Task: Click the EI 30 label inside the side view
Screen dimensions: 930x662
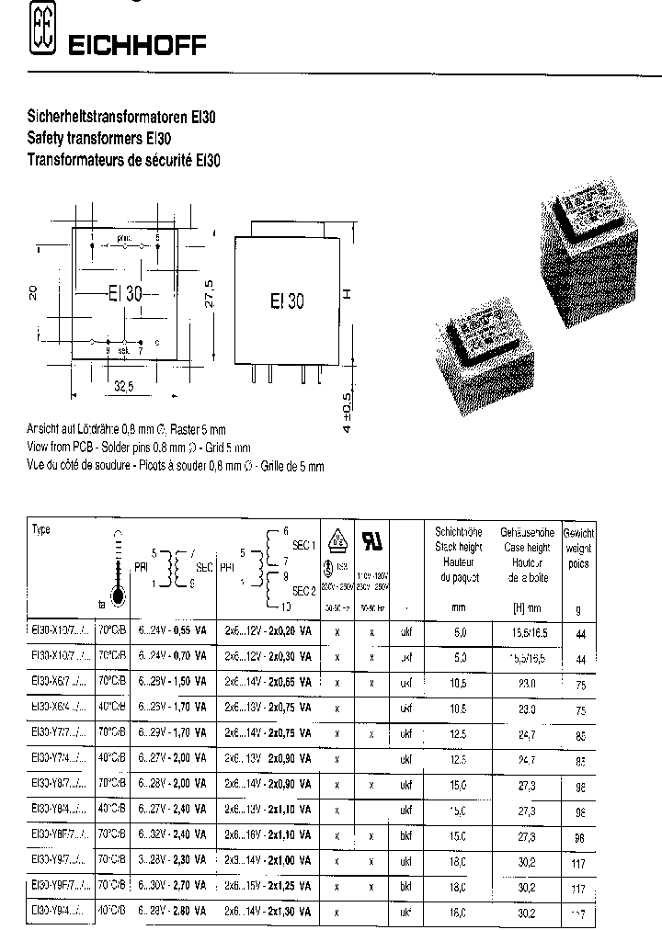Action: (x=287, y=300)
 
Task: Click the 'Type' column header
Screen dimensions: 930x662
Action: (x=41, y=530)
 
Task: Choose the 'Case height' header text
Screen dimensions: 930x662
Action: (x=525, y=548)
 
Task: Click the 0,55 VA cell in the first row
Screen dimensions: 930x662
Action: (x=191, y=632)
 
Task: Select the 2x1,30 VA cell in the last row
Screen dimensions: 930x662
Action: (x=286, y=913)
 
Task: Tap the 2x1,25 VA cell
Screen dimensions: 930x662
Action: (x=286, y=889)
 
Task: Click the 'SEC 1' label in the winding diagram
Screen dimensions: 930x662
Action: (x=303, y=544)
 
